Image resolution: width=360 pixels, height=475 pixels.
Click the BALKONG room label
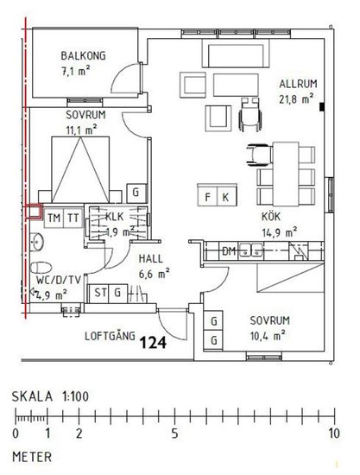(83, 56)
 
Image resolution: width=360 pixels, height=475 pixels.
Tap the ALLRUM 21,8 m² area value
(296, 99)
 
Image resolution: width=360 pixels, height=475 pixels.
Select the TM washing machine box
(54, 218)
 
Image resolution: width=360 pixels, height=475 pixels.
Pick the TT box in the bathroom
(73, 218)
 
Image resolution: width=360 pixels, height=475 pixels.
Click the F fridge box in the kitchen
(207, 197)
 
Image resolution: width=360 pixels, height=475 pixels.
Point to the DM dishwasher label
(229, 251)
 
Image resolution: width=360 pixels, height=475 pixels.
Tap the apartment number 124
(153, 343)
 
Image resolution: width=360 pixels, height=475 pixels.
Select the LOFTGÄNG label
(110, 336)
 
